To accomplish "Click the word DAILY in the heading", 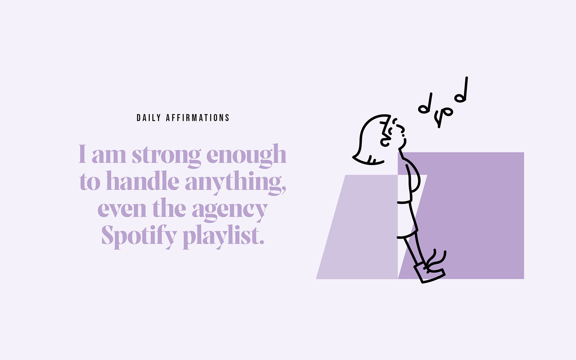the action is pos(149,118).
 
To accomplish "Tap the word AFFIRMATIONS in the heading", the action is pos(198,118).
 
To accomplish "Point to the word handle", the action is pos(143,181).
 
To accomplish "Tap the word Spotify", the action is pos(139,237).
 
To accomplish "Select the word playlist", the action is pos(224,237).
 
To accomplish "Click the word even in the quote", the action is pos(122,209).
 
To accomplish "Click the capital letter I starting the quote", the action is pos(82,154).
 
